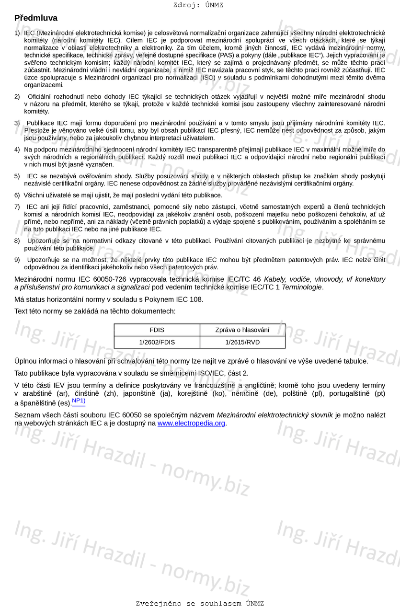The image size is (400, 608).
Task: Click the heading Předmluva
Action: (36, 18)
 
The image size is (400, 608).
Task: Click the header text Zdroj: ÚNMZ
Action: (198, 5)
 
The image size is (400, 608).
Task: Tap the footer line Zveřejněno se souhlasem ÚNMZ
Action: (200, 603)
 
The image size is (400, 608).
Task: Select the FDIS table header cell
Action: (157, 330)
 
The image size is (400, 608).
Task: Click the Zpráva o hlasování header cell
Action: (242, 330)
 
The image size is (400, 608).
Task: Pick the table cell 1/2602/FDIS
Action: (157, 342)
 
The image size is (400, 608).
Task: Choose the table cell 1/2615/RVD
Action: (242, 342)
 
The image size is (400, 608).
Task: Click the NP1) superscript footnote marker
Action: (79, 401)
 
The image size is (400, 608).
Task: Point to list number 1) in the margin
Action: (17, 33)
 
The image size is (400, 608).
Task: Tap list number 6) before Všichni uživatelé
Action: (17, 195)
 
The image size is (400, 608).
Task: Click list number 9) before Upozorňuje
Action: (17, 260)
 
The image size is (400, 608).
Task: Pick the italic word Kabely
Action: (275, 279)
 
